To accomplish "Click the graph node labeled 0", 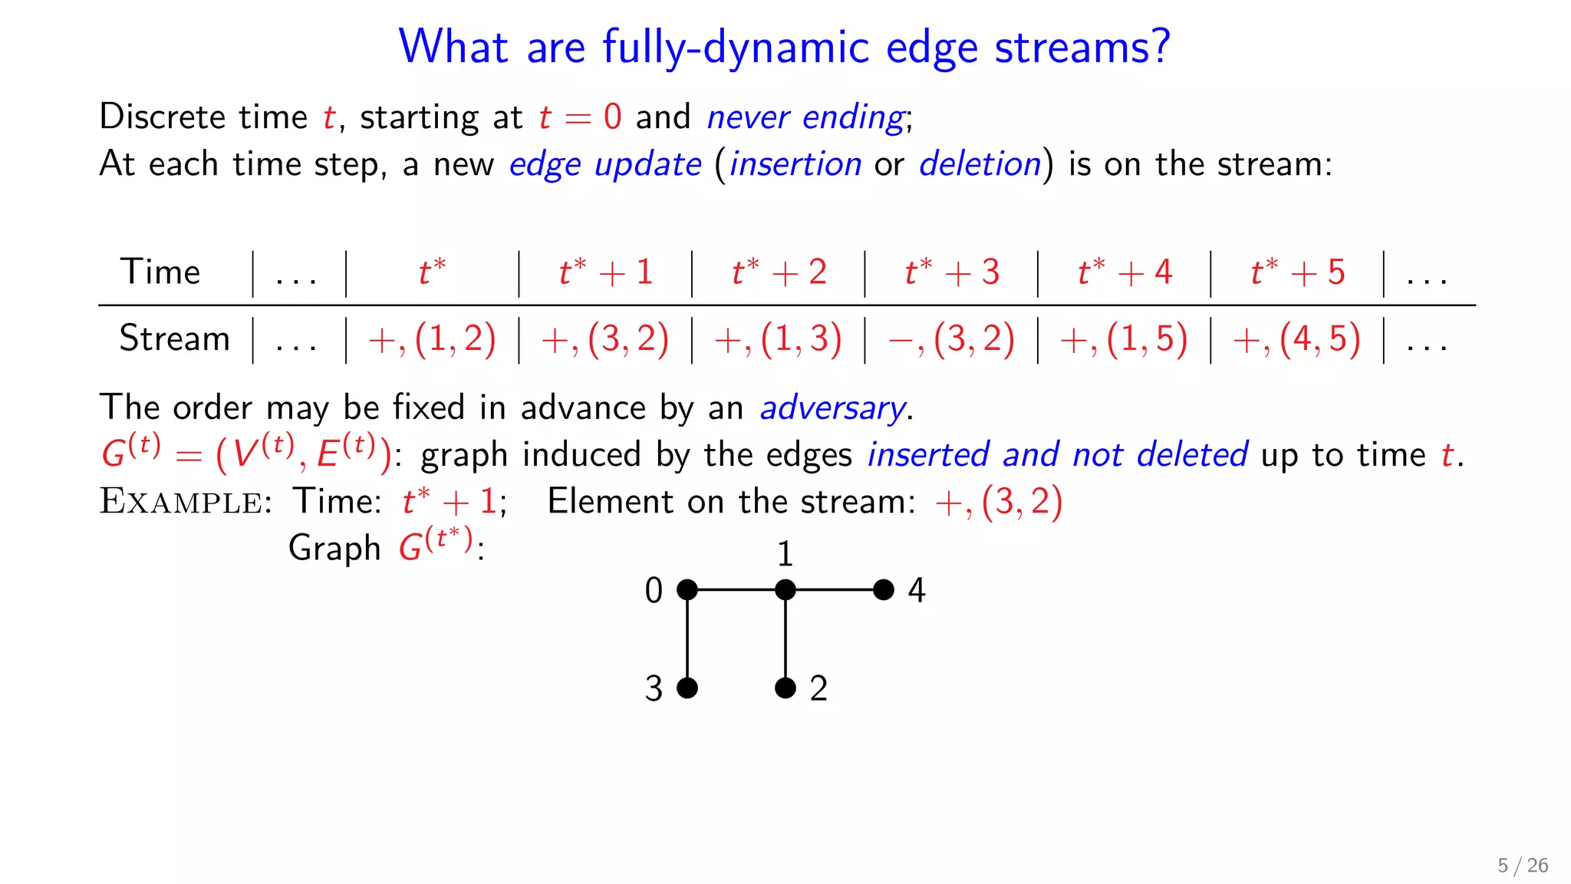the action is point(687,589).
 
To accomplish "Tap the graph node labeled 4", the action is point(884,589).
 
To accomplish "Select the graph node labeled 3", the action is point(687,688).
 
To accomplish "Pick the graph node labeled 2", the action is point(785,688).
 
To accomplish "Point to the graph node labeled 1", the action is point(785,589).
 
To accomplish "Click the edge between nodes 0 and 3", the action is point(687,638).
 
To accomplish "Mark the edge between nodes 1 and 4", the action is point(835,589).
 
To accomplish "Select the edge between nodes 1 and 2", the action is point(785,638).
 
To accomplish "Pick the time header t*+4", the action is point(1125,272).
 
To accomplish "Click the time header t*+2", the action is point(779,272).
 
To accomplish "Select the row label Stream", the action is point(174,338).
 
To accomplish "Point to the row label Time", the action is point(160,272).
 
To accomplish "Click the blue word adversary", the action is point(832,407).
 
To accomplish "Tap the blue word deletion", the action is point(980,164).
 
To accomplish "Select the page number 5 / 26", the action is point(1523,866).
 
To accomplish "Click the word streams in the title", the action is point(1082,48).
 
